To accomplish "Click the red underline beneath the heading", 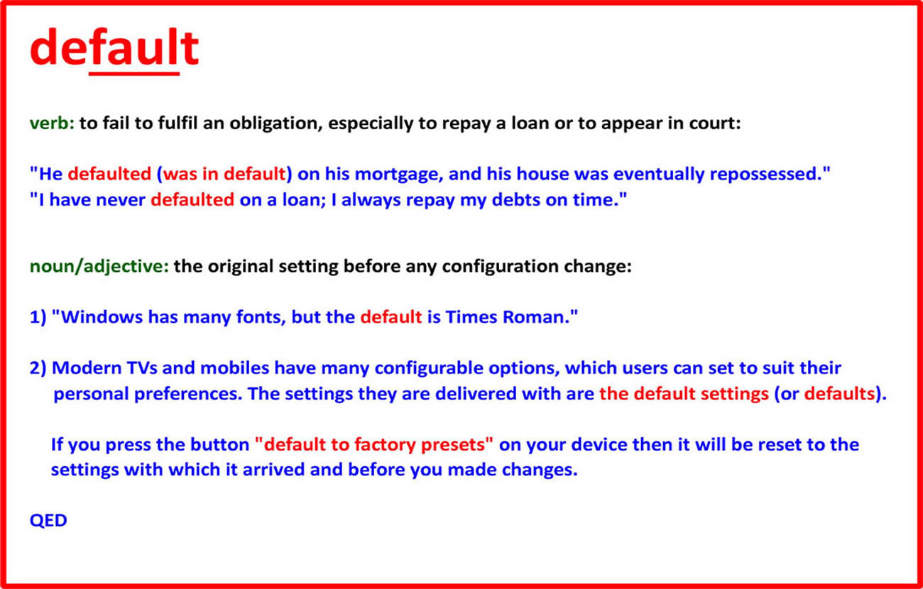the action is coord(134,74).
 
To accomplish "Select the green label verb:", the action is coord(52,123).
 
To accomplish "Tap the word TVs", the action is coord(142,368).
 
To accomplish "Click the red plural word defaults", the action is coord(839,394).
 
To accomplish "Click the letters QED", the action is coord(48,521).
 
